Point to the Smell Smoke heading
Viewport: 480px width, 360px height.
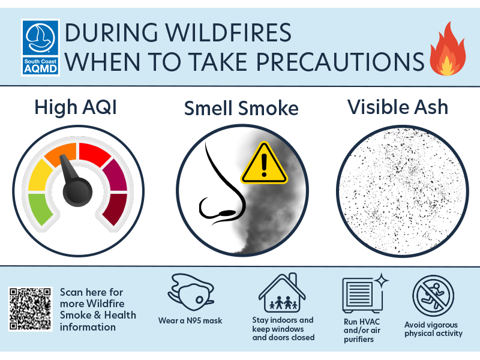[x=241, y=109]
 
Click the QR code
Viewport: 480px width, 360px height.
[x=30, y=309]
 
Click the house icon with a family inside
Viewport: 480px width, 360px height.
[x=282, y=293]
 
